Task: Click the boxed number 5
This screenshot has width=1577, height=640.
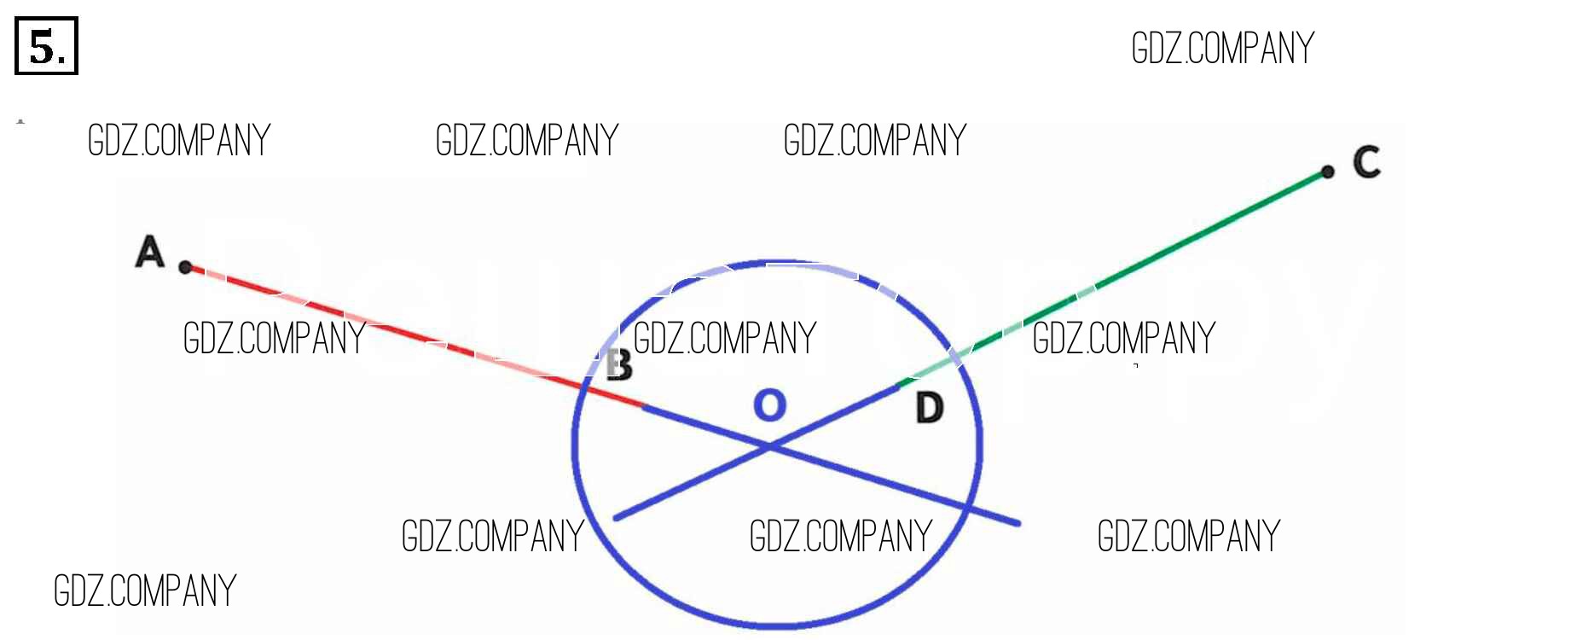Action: click(46, 46)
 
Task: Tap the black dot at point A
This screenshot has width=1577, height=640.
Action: click(185, 267)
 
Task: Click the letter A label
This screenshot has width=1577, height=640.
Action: click(150, 252)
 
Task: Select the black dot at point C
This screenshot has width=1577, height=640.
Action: click(1327, 172)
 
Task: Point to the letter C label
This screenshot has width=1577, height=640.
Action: click(1366, 162)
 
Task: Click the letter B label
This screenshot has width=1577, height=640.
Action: click(620, 365)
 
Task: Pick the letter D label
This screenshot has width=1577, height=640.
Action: click(930, 408)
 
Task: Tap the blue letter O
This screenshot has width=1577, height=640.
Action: click(769, 404)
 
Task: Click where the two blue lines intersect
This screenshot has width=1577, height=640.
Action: click(770, 445)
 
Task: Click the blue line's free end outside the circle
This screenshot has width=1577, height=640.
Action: click(1018, 523)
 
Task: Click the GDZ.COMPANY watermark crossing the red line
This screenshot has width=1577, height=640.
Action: click(275, 338)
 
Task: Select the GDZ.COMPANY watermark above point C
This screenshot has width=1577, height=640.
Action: click(1222, 48)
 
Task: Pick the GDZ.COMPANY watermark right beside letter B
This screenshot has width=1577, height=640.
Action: click(725, 338)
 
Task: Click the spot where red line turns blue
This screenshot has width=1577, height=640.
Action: click(644, 407)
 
